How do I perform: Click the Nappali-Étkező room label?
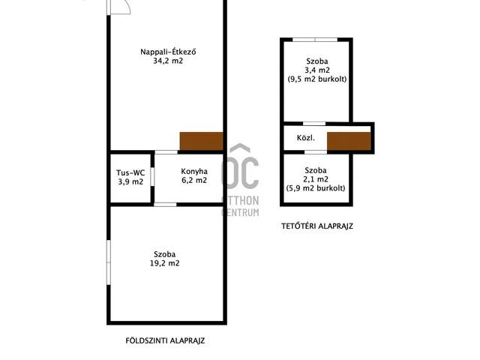[168, 52]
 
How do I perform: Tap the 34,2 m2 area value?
[168, 61]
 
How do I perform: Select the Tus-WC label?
[130, 172]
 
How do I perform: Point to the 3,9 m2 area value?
[130, 181]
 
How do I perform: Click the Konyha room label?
[194, 172]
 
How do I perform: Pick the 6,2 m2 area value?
[194, 180]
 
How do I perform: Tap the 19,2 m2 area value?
[165, 263]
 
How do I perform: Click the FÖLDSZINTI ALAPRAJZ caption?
[165, 340]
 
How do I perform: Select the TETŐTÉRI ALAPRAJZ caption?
[317, 226]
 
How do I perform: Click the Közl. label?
[306, 138]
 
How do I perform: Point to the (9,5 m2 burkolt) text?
[317, 79]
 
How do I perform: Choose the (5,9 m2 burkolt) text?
[316, 188]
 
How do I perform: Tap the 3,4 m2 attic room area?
[317, 70]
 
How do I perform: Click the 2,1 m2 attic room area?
[316, 179]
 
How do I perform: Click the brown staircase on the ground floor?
[201, 141]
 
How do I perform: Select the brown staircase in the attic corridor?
[349, 141]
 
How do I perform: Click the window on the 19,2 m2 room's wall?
[108, 262]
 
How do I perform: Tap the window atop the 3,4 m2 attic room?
[315, 40]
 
